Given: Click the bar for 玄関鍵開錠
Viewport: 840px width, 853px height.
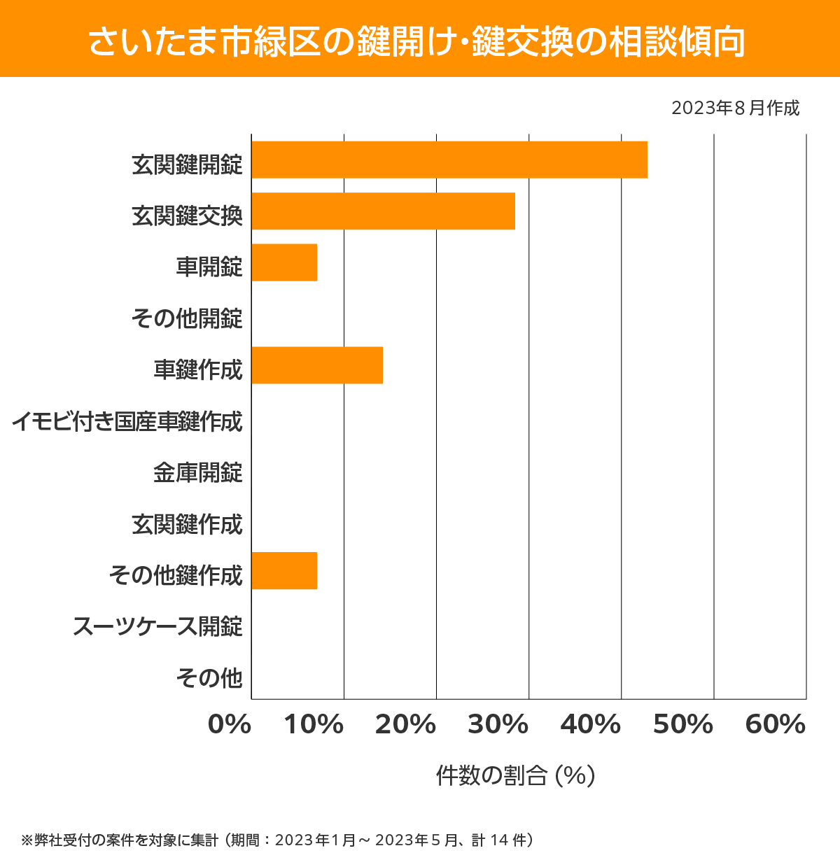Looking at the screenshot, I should (449, 160).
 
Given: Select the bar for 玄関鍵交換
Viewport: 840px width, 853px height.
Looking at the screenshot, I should (383, 211).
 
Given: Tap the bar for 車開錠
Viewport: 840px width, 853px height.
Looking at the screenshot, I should (284, 262).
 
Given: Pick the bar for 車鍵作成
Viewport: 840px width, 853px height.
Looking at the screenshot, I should (317, 365).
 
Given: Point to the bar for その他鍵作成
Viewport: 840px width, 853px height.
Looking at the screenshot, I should (284, 570).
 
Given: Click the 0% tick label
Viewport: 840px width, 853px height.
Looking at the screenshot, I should (230, 725).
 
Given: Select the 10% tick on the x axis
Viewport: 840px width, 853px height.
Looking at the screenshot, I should (314, 725).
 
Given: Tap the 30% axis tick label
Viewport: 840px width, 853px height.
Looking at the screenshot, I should (498, 725).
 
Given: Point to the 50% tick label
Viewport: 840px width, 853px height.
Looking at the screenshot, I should (683, 725).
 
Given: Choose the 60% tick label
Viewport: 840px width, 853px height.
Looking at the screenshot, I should (776, 725).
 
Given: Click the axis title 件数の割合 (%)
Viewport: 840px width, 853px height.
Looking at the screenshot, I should (515, 775).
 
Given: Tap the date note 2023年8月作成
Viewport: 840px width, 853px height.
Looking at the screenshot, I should (735, 108).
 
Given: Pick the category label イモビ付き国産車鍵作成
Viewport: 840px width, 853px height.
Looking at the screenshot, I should (127, 421).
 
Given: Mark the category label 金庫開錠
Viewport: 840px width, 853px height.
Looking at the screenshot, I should (198, 472).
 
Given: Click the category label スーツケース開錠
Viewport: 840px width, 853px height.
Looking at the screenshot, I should (158, 626).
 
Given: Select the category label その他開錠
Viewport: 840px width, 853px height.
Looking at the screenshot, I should (187, 318).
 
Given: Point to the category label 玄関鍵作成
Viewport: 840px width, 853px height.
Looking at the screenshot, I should (187, 524).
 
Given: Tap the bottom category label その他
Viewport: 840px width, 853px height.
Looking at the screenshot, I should (209, 677).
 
